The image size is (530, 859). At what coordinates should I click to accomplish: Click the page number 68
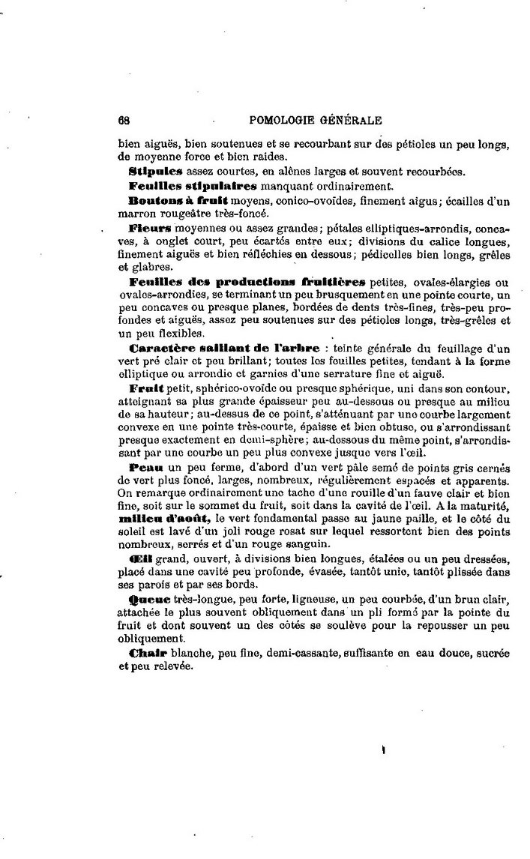coord(124,120)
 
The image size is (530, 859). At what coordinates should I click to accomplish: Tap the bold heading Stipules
coord(156,171)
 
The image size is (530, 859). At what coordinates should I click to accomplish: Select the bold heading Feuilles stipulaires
coord(193,185)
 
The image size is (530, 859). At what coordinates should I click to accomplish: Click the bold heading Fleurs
coord(150,226)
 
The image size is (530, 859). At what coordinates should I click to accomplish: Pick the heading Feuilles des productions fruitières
coord(247,282)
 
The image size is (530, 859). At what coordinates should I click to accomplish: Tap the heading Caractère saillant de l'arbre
coord(224,348)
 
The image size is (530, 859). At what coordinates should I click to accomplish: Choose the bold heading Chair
coord(145,653)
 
